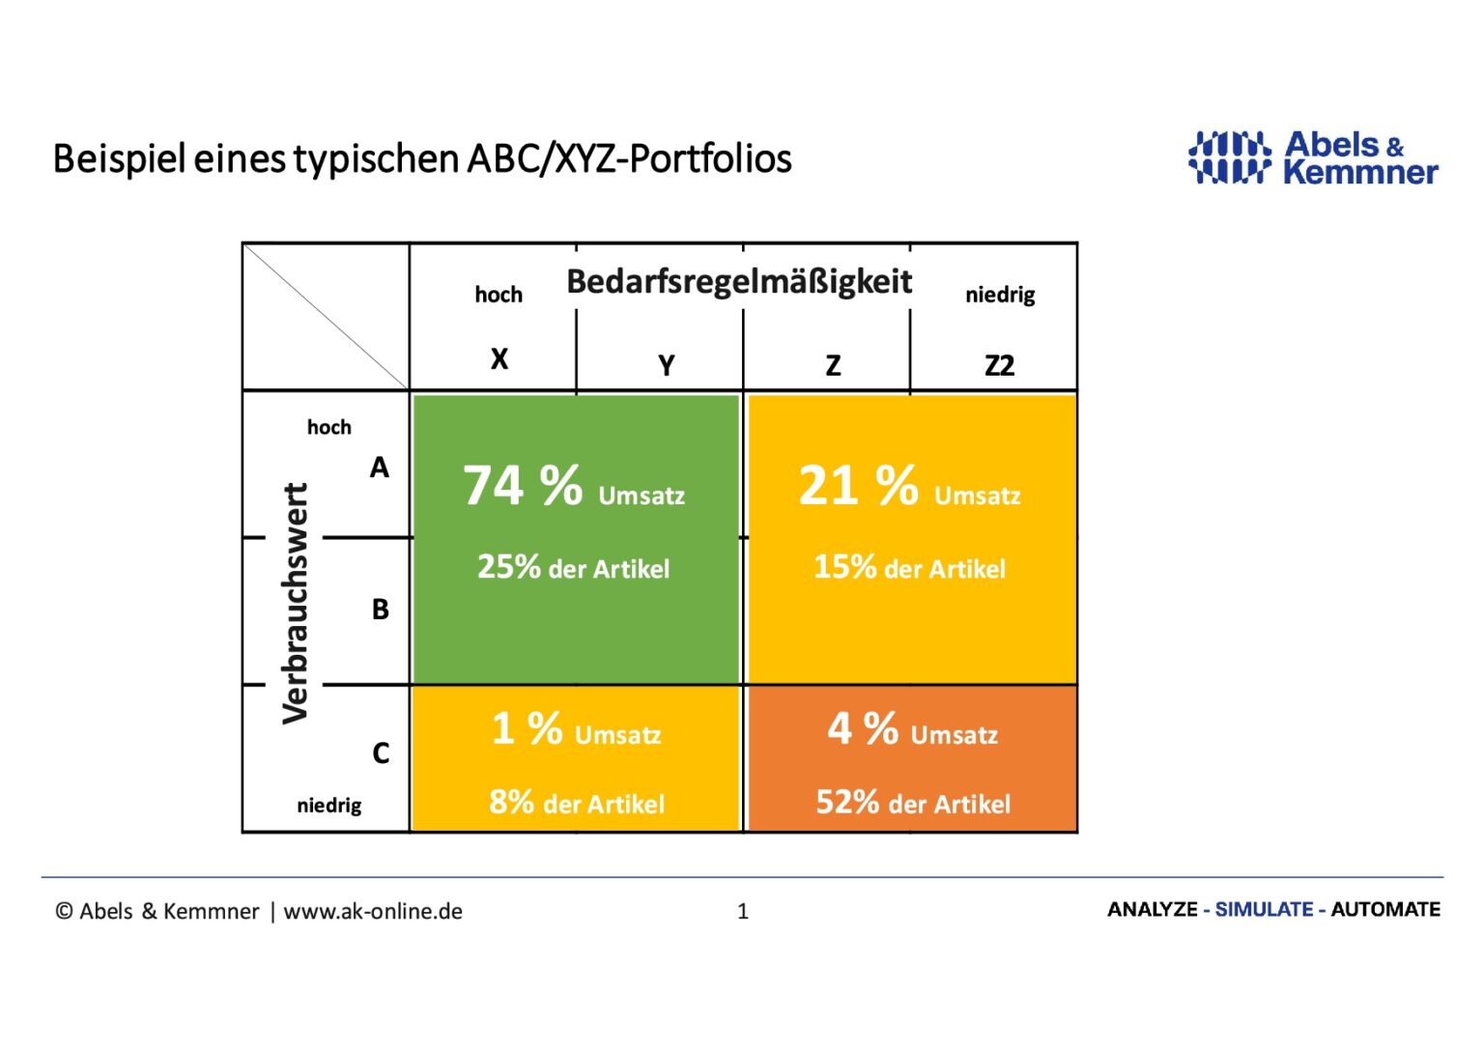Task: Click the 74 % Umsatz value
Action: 574,486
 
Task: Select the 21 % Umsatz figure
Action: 909,486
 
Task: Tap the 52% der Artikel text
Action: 913,803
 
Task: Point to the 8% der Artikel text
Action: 577,803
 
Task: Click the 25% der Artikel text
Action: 573,567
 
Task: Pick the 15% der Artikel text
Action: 909,567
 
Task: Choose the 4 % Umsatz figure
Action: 912,730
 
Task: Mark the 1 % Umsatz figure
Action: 576,730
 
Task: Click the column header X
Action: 499,359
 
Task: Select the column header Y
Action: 666,366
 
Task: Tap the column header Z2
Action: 999,366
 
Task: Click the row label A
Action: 380,468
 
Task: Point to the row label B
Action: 381,610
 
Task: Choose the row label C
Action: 381,753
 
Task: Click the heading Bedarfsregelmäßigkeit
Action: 739,282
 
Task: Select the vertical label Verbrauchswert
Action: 295,603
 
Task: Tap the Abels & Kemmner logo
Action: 1313,158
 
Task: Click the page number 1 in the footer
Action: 743,911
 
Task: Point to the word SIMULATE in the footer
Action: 1264,910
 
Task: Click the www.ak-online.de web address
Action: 373,911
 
